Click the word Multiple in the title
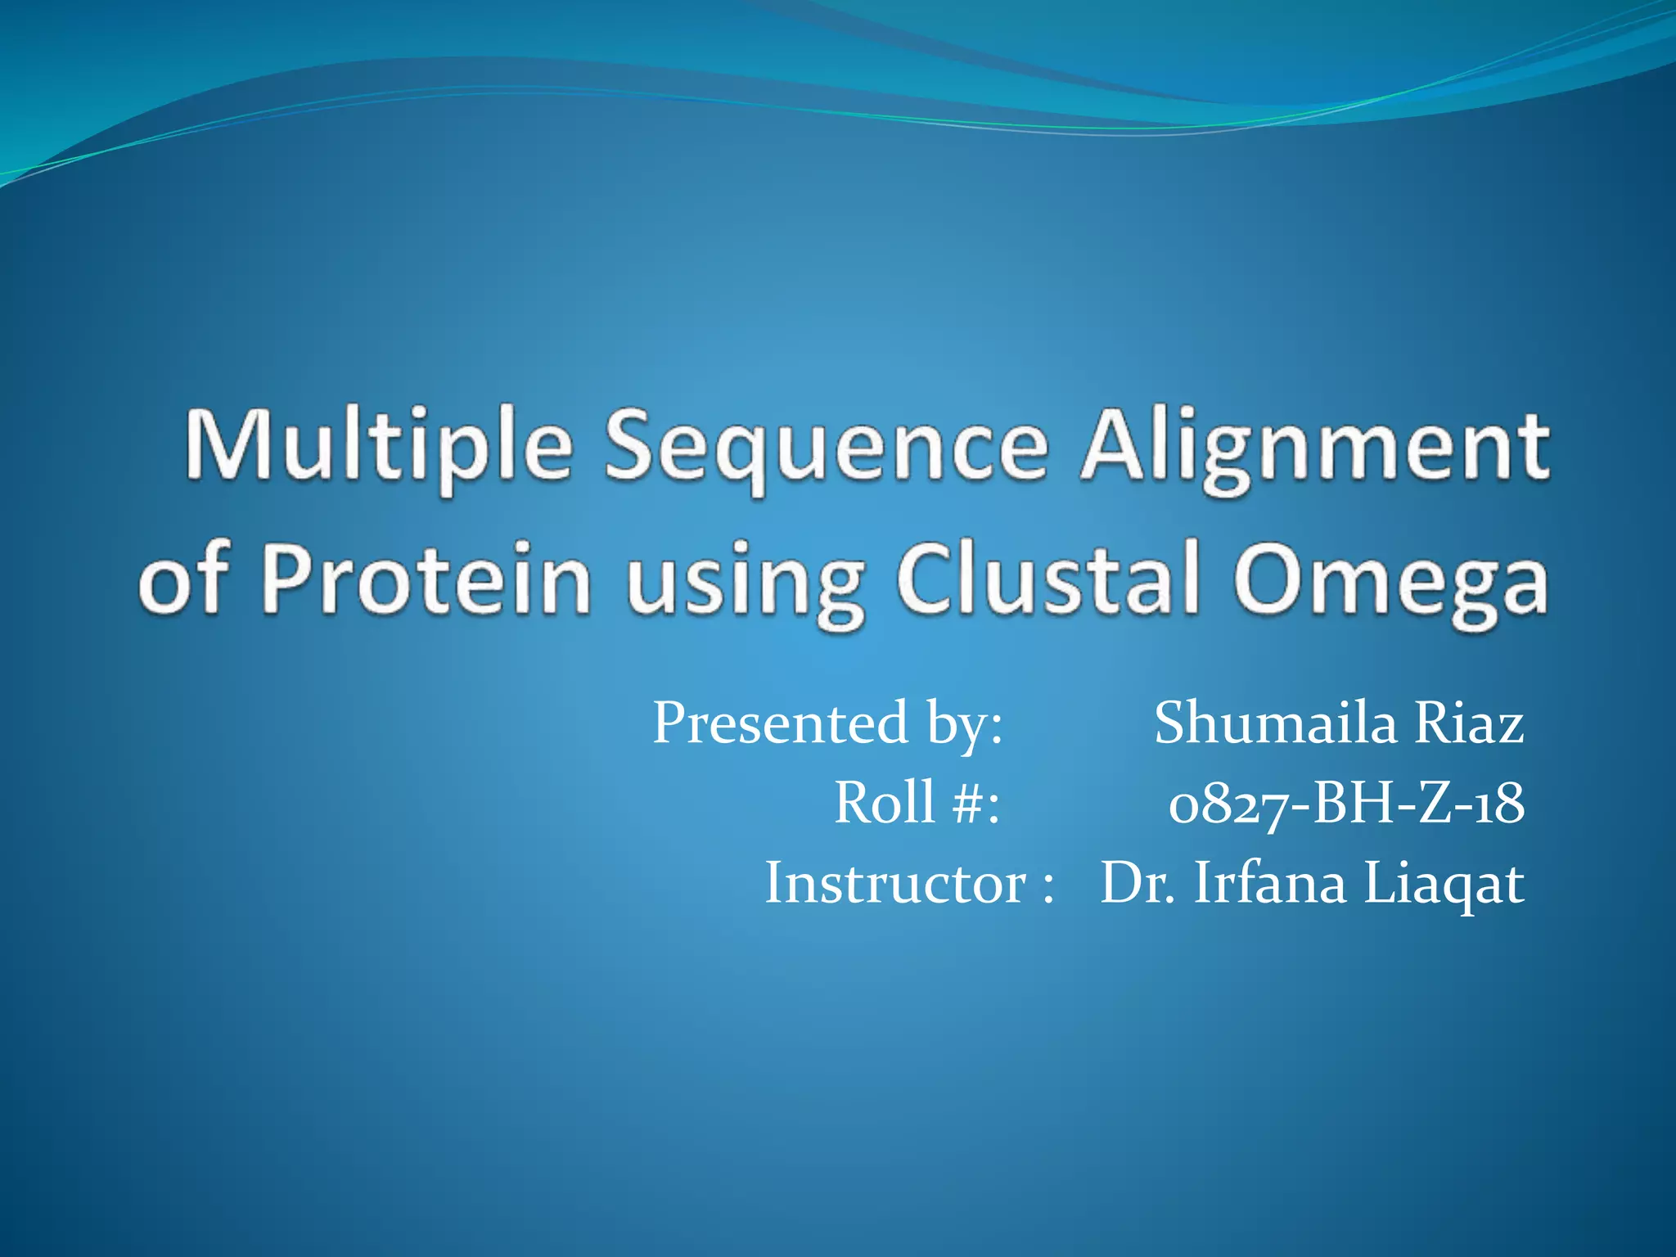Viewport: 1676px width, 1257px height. tap(377, 448)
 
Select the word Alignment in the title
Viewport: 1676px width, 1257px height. tap(1313, 448)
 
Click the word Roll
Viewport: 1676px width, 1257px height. tap(884, 803)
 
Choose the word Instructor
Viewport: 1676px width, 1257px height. tap(895, 884)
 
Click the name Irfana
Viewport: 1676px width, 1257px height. tap(1269, 884)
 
